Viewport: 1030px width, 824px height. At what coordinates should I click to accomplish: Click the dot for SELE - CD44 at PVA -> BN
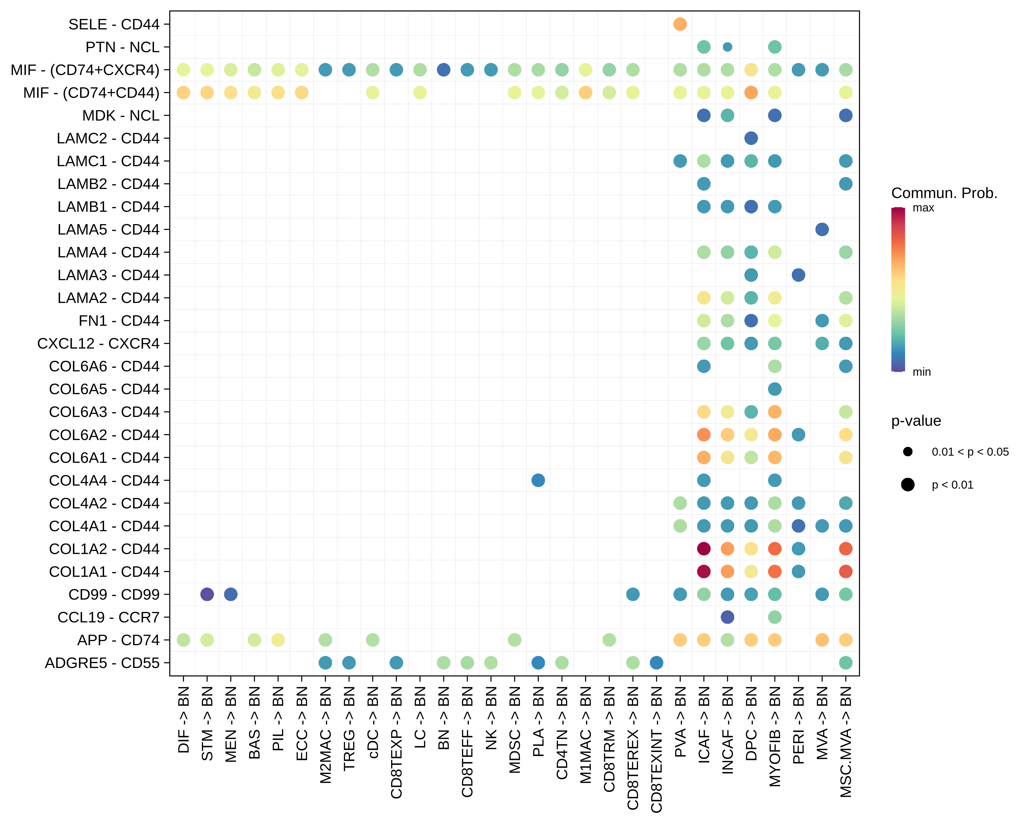680,24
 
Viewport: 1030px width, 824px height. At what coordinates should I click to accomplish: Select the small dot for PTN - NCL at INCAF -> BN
727,47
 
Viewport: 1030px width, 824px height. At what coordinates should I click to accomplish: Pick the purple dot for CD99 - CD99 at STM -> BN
207,594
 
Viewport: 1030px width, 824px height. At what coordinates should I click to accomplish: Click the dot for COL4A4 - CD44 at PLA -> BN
538,480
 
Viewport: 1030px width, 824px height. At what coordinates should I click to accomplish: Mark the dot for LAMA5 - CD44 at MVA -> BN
822,229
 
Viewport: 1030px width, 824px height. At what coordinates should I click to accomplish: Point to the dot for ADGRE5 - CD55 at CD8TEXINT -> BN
656,662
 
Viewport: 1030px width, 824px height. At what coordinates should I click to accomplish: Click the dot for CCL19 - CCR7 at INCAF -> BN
727,617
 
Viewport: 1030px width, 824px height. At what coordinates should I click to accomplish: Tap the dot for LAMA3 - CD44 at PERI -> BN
798,275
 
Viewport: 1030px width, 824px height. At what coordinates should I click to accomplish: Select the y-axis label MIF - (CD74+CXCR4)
85,70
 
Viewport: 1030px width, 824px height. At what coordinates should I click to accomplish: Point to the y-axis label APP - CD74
118,640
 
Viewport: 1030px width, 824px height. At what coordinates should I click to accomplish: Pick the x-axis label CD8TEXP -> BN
396,742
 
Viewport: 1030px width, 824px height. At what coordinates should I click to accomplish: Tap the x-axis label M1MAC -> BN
586,735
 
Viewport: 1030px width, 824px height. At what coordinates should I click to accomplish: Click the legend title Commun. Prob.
944,193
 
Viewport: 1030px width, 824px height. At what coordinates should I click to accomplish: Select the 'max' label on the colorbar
923,208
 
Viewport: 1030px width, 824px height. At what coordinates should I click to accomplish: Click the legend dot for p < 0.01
908,485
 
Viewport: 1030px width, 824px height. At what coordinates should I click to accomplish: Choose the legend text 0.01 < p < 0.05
970,452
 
